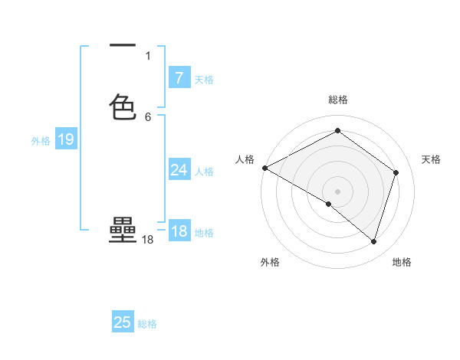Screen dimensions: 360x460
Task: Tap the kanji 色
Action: [123, 107]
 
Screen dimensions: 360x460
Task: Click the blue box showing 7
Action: [179, 77]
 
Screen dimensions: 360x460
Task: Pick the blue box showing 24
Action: [179, 170]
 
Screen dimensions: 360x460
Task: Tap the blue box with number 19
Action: [65, 139]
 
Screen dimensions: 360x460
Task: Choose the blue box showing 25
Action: [123, 322]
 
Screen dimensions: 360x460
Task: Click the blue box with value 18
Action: [179, 232]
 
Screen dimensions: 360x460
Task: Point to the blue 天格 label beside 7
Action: [204, 79]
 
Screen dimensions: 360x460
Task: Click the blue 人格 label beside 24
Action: [204, 172]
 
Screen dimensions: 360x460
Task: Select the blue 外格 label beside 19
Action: [41, 141]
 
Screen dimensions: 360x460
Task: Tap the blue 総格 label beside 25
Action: [148, 324]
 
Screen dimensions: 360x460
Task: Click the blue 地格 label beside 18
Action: [204, 233]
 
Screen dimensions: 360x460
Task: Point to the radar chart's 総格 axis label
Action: [338, 100]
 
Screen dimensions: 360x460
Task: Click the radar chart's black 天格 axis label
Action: [431, 159]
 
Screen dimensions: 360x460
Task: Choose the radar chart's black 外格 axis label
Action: [270, 262]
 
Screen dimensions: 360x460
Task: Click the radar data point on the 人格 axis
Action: [264, 168]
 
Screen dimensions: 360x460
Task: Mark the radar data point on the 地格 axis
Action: [373, 241]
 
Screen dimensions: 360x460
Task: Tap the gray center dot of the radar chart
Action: [338, 191]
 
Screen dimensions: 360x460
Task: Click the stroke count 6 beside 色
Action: [148, 116]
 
